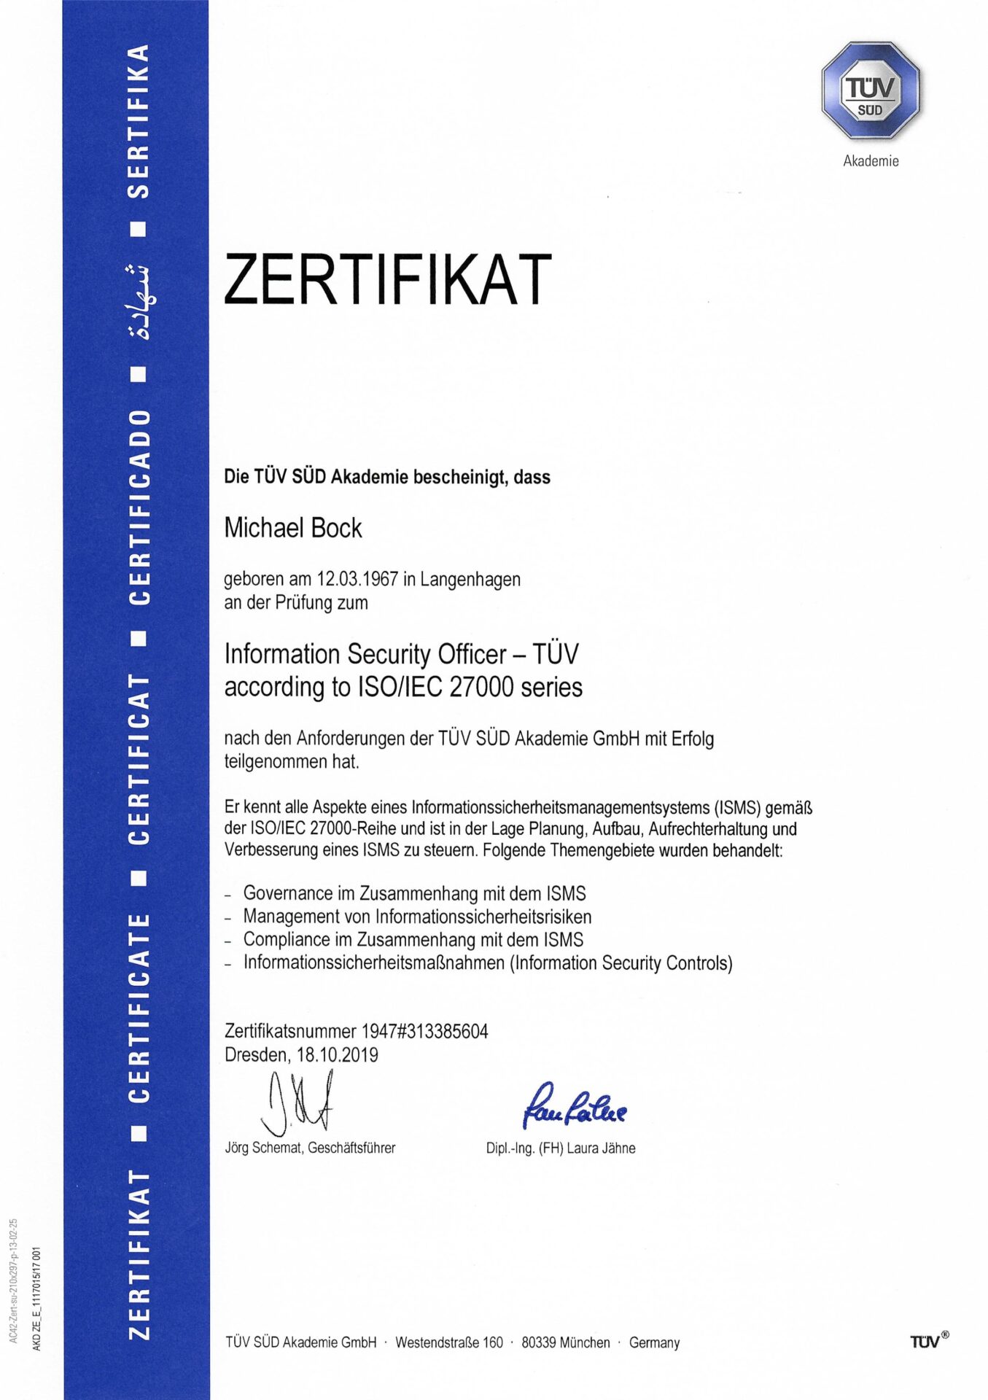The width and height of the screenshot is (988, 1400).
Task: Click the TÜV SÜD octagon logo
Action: tap(871, 91)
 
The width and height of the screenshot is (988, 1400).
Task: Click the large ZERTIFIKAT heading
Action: tap(387, 279)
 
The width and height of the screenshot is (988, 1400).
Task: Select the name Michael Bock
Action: tap(293, 528)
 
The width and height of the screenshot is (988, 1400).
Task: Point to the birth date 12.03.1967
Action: tap(357, 579)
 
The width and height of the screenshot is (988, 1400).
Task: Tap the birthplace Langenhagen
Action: tap(470, 579)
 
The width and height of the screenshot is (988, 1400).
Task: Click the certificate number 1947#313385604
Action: tap(424, 1031)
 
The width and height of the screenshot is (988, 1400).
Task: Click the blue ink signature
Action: tap(574, 1105)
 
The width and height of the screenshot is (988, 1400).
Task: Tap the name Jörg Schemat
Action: tap(263, 1148)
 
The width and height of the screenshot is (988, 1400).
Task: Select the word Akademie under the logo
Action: tap(871, 161)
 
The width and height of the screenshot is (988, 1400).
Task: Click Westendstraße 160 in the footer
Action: tap(449, 1342)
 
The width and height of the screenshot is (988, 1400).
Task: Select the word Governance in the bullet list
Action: tap(288, 893)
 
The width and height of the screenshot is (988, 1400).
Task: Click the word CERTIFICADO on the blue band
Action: tap(140, 507)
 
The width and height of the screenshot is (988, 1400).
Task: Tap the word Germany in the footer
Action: tap(654, 1342)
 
